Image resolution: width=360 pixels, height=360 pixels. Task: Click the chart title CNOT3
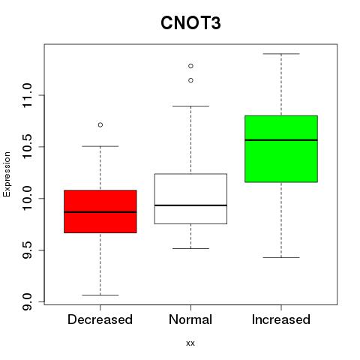click(x=190, y=23)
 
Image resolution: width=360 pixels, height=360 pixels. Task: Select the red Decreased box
click(x=100, y=211)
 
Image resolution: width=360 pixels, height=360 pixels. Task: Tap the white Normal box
click(x=190, y=199)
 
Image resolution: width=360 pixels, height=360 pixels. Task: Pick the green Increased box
click(x=281, y=148)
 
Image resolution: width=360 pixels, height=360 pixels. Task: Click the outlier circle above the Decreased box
click(x=100, y=124)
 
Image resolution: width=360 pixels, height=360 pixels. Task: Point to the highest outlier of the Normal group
click(x=190, y=66)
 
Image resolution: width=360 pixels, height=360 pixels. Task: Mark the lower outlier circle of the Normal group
click(x=190, y=80)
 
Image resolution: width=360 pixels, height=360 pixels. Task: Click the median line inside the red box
click(x=100, y=212)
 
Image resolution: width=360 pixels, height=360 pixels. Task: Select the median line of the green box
click(x=281, y=140)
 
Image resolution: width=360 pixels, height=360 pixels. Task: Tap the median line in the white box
click(x=190, y=205)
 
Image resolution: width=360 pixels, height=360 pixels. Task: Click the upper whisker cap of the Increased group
click(x=281, y=54)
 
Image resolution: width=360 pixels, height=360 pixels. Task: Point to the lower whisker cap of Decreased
click(x=100, y=295)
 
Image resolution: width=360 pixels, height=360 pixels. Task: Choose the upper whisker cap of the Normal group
click(x=190, y=106)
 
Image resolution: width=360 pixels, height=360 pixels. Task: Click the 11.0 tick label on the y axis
click(x=27, y=95)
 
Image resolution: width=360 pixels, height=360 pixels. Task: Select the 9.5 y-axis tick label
click(x=27, y=250)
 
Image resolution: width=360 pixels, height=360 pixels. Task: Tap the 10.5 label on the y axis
click(x=27, y=147)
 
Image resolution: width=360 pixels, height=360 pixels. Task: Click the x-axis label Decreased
click(x=100, y=319)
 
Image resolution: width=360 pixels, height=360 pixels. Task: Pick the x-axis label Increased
click(x=281, y=319)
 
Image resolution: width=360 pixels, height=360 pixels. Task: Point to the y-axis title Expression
click(x=7, y=175)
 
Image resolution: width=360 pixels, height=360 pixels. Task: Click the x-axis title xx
click(x=190, y=343)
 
